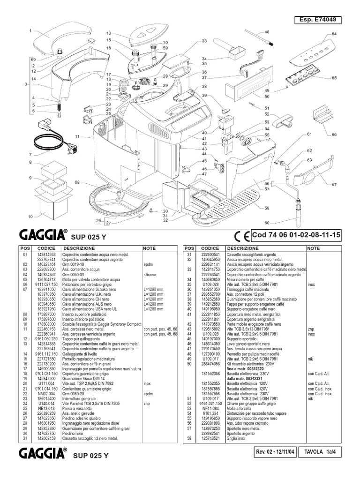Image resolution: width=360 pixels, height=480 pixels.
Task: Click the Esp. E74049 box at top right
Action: [x=317, y=20]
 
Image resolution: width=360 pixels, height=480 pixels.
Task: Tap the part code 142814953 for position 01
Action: [x=46, y=254]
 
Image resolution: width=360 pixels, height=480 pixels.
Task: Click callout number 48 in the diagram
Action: [x=267, y=32]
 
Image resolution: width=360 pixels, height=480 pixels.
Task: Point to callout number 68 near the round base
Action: [x=77, y=182]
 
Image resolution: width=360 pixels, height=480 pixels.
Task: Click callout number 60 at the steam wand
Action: [x=267, y=223]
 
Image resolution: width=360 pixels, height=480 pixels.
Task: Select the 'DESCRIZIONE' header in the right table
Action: [x=242, y=248]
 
